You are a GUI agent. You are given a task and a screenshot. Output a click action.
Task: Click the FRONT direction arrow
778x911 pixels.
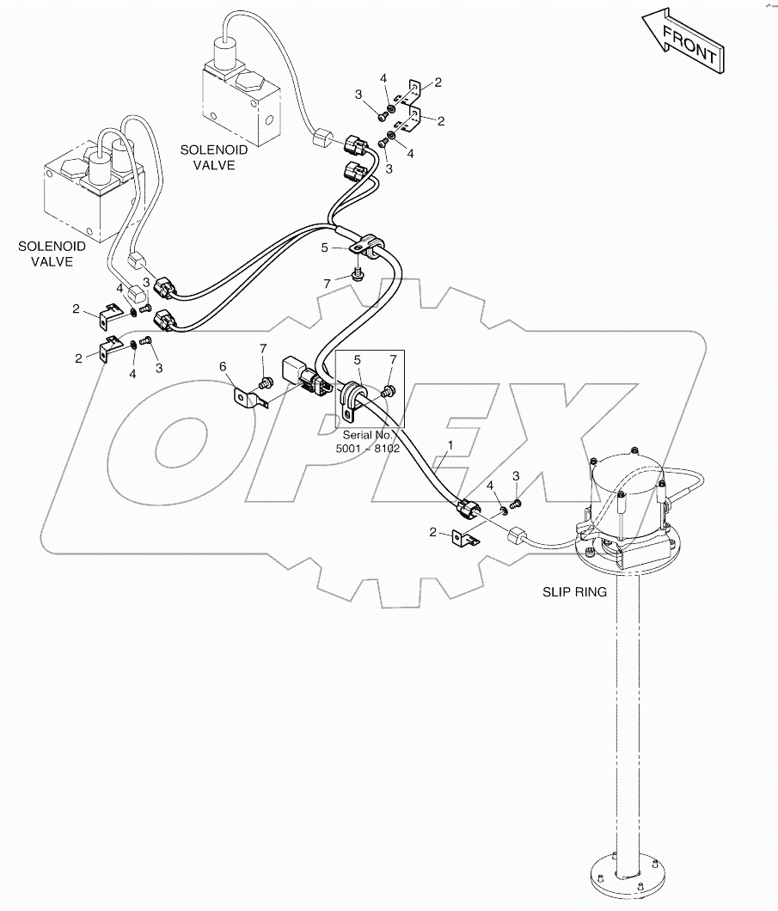[x=682, y=43]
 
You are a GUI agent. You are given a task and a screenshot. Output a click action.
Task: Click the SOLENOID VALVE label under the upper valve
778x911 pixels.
[x=213, y=157]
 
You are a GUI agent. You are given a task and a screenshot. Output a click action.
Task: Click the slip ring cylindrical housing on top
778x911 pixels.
[x=627, y=492]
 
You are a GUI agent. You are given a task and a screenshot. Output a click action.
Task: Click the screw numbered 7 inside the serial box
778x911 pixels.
[x=389, y=392]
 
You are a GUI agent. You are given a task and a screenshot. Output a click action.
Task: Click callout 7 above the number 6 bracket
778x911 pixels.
[x=265, y=349]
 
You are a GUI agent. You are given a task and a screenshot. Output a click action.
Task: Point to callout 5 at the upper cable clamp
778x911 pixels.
[x=324, y=247]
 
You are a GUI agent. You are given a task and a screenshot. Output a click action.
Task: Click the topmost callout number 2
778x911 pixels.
[x=438, y=83]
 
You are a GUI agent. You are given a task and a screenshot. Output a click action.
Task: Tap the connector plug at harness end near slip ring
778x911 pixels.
[x=470, y=510]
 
